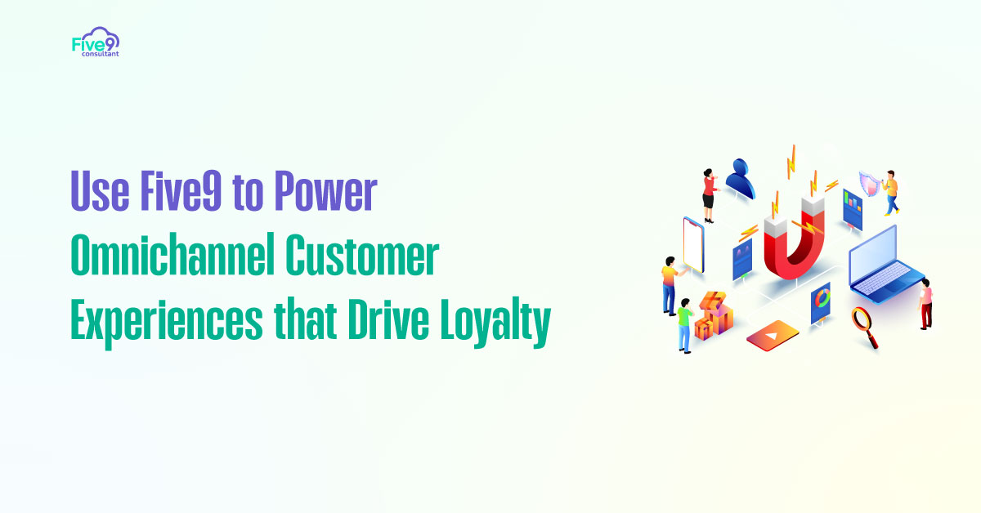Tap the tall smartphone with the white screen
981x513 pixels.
[693, 246]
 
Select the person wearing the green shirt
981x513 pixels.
[683, 322]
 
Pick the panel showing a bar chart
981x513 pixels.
[853, 207]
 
